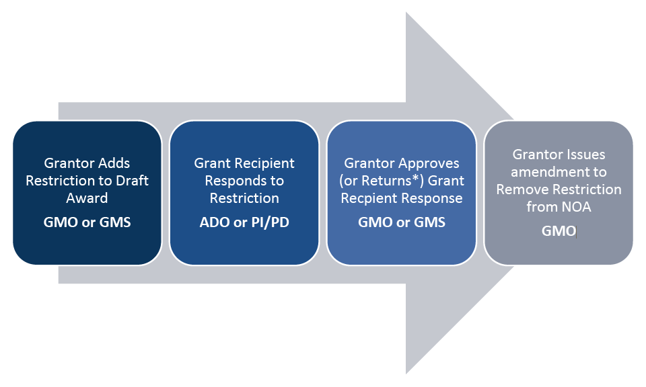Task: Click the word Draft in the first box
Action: [133, 180]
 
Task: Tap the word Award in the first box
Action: [87, 198]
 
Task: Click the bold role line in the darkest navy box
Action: [87, 222]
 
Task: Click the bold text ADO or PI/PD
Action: [244, 222]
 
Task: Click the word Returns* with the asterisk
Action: [384, 180]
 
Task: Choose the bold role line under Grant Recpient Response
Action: [402, 222]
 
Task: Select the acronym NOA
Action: [576, 207]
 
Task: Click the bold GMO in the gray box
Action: [559, 231]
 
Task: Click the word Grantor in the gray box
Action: [536, 155]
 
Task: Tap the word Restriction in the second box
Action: [244, 198]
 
